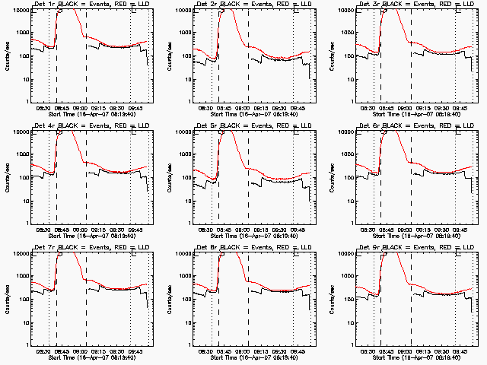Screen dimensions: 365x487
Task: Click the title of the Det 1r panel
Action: [91, 5]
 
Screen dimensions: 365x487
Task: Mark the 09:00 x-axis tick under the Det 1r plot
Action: [86, 108]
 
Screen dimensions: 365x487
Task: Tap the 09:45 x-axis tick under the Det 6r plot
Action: [456, 230]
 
